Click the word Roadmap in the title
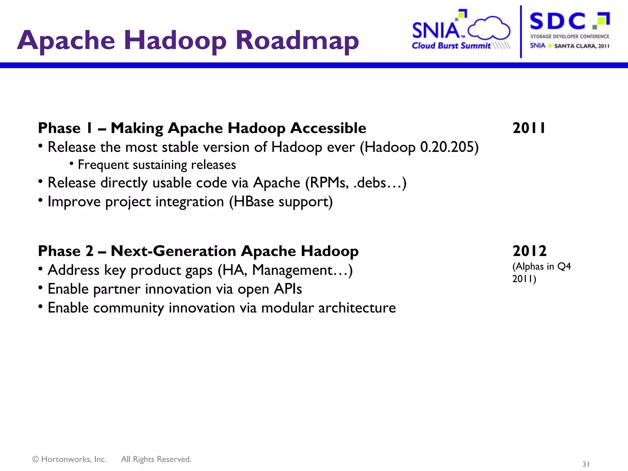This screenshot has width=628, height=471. click(x=297, y=40)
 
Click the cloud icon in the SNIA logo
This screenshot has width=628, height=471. click(x=489, y=28)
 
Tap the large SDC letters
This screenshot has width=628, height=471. click(x=557, y=21)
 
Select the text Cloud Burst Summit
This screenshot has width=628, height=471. click(x=451, y=46)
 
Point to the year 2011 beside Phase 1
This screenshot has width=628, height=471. click(x=529, y=128)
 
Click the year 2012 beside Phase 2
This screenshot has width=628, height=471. click(x=530, y=251)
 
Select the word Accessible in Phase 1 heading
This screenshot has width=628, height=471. click(x=328, y=128)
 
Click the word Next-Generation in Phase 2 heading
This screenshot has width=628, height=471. click(x=173, y=251)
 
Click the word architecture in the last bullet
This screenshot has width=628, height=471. click(x=357, y=308)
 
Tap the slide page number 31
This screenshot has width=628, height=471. click(x=586, y=464)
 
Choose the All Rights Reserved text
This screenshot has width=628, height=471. click(x=156, y=459)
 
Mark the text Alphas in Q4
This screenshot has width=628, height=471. click(x=542, y=266)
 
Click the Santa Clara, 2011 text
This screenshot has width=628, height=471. click(x=581, y=46)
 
